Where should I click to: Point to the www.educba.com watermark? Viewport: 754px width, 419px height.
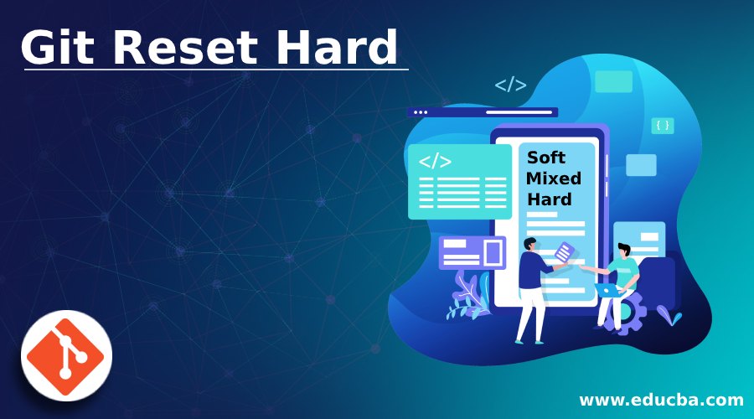click(x=661, y=398)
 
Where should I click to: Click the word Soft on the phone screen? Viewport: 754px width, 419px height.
click(x=546, y=158)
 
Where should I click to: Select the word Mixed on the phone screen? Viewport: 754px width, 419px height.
click(x=554, y=178)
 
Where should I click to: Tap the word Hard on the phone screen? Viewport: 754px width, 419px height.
click(x=550, y=199)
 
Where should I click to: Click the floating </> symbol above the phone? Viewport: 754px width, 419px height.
click(x=510, y=85)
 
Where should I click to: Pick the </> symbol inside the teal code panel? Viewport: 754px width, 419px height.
click(x=435, y=161)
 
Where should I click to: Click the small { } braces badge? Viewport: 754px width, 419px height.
click(x=663, y=126)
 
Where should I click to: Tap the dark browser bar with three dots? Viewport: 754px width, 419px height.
click(x=482, y=112)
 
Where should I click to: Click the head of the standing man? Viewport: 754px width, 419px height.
click(x=529, y=244)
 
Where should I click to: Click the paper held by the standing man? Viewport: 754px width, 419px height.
click(x=566, y=251)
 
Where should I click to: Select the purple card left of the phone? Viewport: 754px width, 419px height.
click(x=473, y=251)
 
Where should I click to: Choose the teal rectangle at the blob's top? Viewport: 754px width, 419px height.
click(x=613, y=81)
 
